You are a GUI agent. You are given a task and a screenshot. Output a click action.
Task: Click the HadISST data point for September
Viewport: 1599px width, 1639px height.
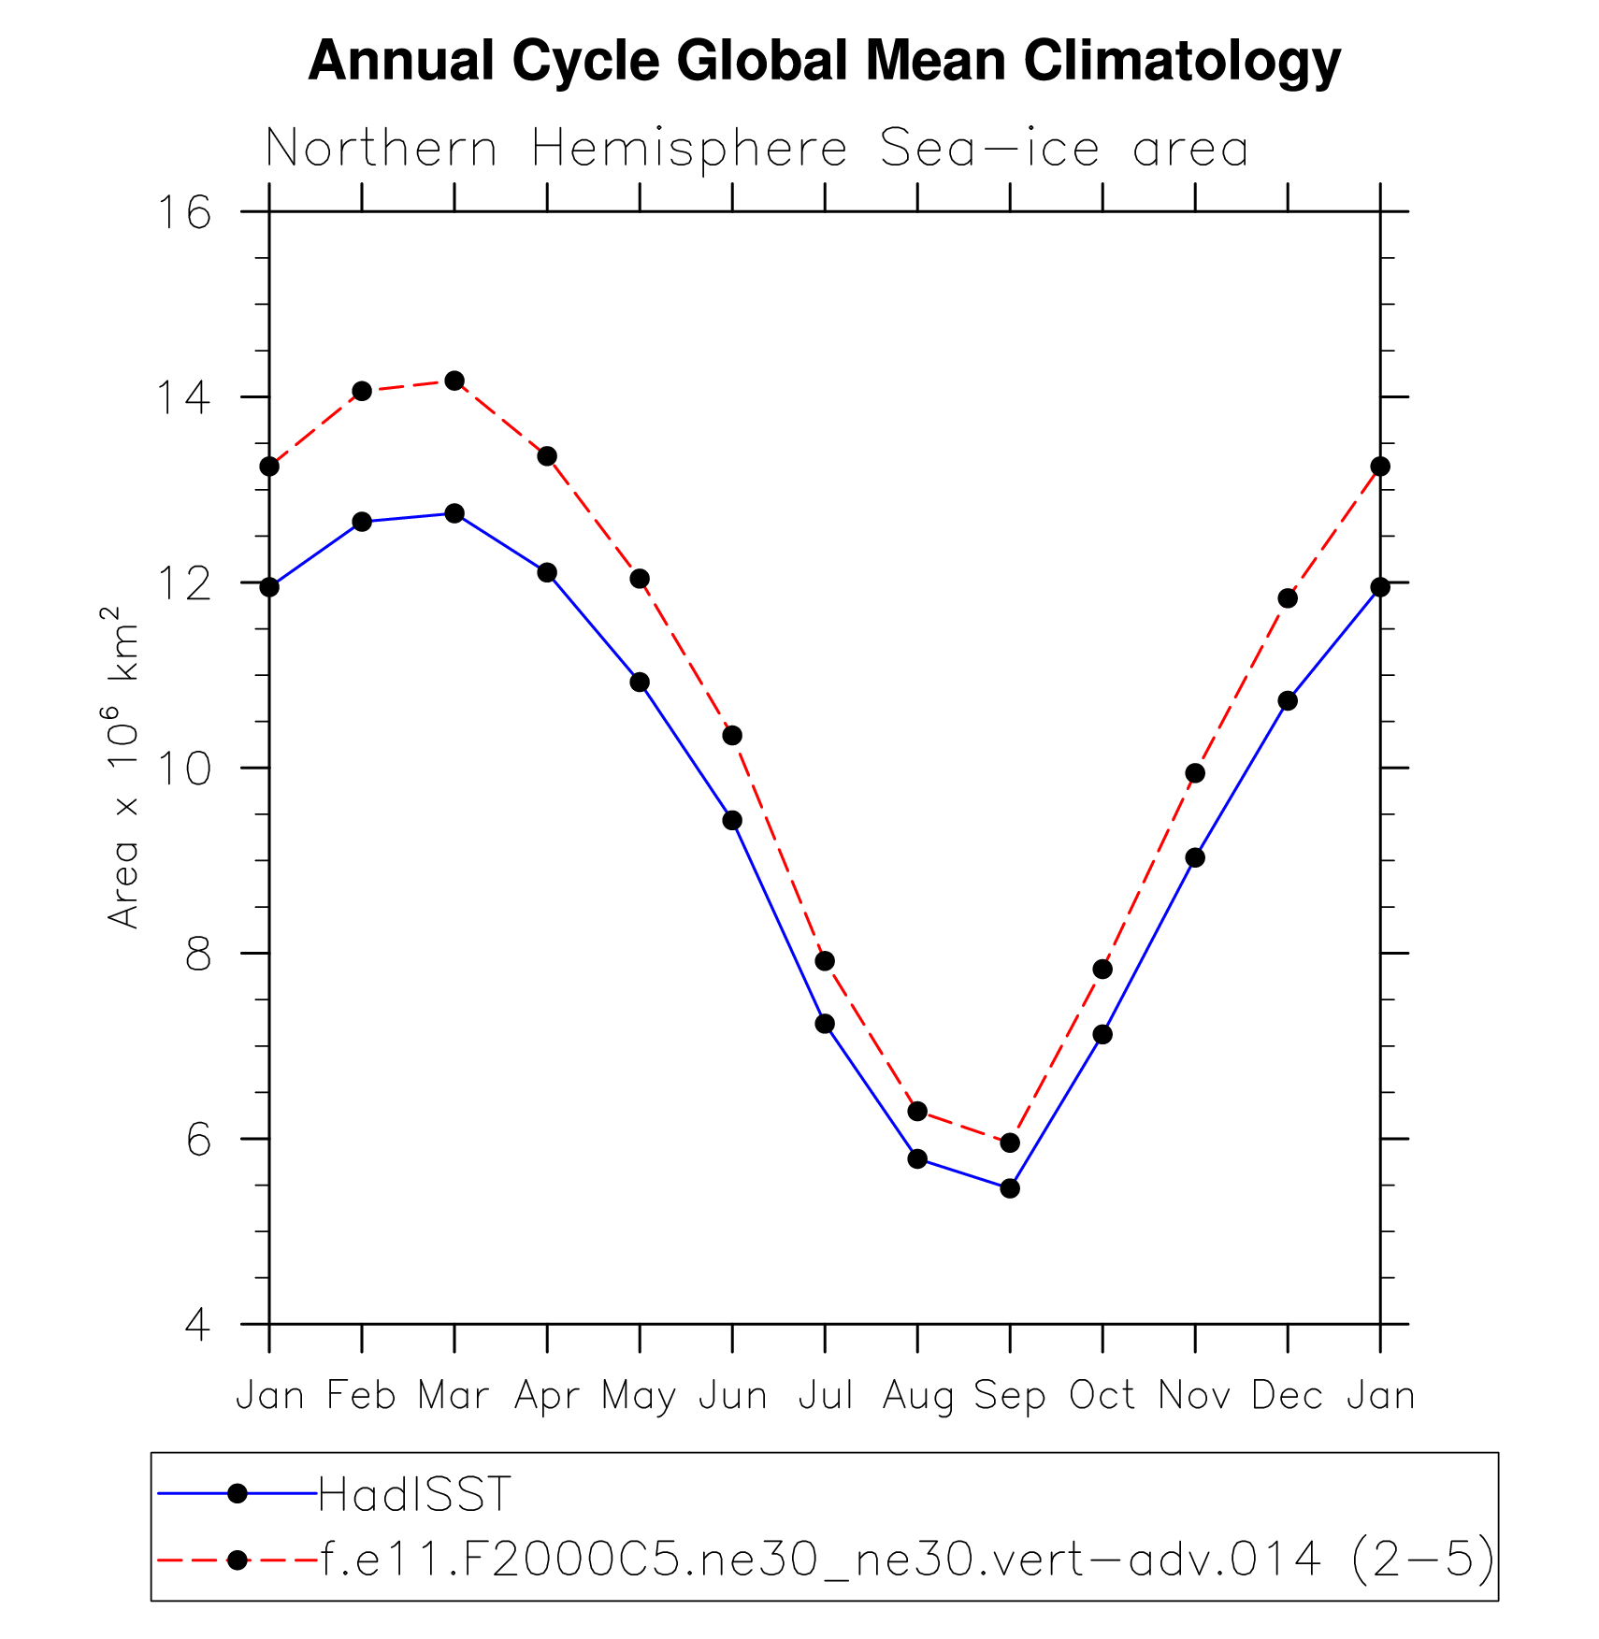[x=1009, y=1188]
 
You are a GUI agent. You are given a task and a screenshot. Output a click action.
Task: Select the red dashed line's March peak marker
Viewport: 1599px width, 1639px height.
[x=454, y=381]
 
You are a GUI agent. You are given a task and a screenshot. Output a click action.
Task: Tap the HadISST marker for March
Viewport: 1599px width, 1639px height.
[x=454, y=513]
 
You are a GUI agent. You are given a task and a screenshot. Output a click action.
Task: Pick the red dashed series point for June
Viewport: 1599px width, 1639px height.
[x=732, y=736]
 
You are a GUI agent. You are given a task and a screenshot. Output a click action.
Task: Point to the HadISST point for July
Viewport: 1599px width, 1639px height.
[x=825, y=1024]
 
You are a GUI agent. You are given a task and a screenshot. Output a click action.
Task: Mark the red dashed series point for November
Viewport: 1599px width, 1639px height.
[x=1195, y=773]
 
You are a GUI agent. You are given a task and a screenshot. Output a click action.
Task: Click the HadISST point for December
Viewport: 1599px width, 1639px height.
[x=1288, y=700]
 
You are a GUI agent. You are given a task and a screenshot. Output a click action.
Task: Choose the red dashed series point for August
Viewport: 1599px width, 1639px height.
[x=917, y=1112]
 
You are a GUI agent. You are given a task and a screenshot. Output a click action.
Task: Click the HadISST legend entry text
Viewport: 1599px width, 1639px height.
[x=415, y=1494]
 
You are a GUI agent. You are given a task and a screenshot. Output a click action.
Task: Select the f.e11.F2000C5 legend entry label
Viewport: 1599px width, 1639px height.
[x=907, y=1559]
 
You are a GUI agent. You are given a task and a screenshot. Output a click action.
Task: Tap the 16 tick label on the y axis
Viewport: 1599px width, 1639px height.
[x=183, y=213]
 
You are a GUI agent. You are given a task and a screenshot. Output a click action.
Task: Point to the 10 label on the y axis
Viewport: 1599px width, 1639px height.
[x=183, y=769]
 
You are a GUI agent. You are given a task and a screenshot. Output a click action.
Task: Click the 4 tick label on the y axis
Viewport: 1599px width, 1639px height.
[x=197, y=1325]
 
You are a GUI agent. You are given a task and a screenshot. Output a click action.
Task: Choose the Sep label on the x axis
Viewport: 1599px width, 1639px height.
[x=1009, y=1397]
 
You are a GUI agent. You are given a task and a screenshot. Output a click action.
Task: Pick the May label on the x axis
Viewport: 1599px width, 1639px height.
[x=639, y=1397]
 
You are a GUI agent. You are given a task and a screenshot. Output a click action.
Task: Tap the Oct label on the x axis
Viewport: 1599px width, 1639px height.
[x=1102, y=1396]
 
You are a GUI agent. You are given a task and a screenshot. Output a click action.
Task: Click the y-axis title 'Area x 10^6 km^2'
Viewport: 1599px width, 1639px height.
[x=122, y=767]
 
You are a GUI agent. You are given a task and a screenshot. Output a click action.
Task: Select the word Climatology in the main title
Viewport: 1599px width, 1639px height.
[x=1182, y=61]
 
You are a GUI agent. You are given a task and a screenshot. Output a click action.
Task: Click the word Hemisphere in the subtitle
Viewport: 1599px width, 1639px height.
[x=689, y=149]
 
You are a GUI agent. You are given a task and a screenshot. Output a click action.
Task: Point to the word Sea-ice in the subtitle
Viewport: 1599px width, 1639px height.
[x=989, y=149]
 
